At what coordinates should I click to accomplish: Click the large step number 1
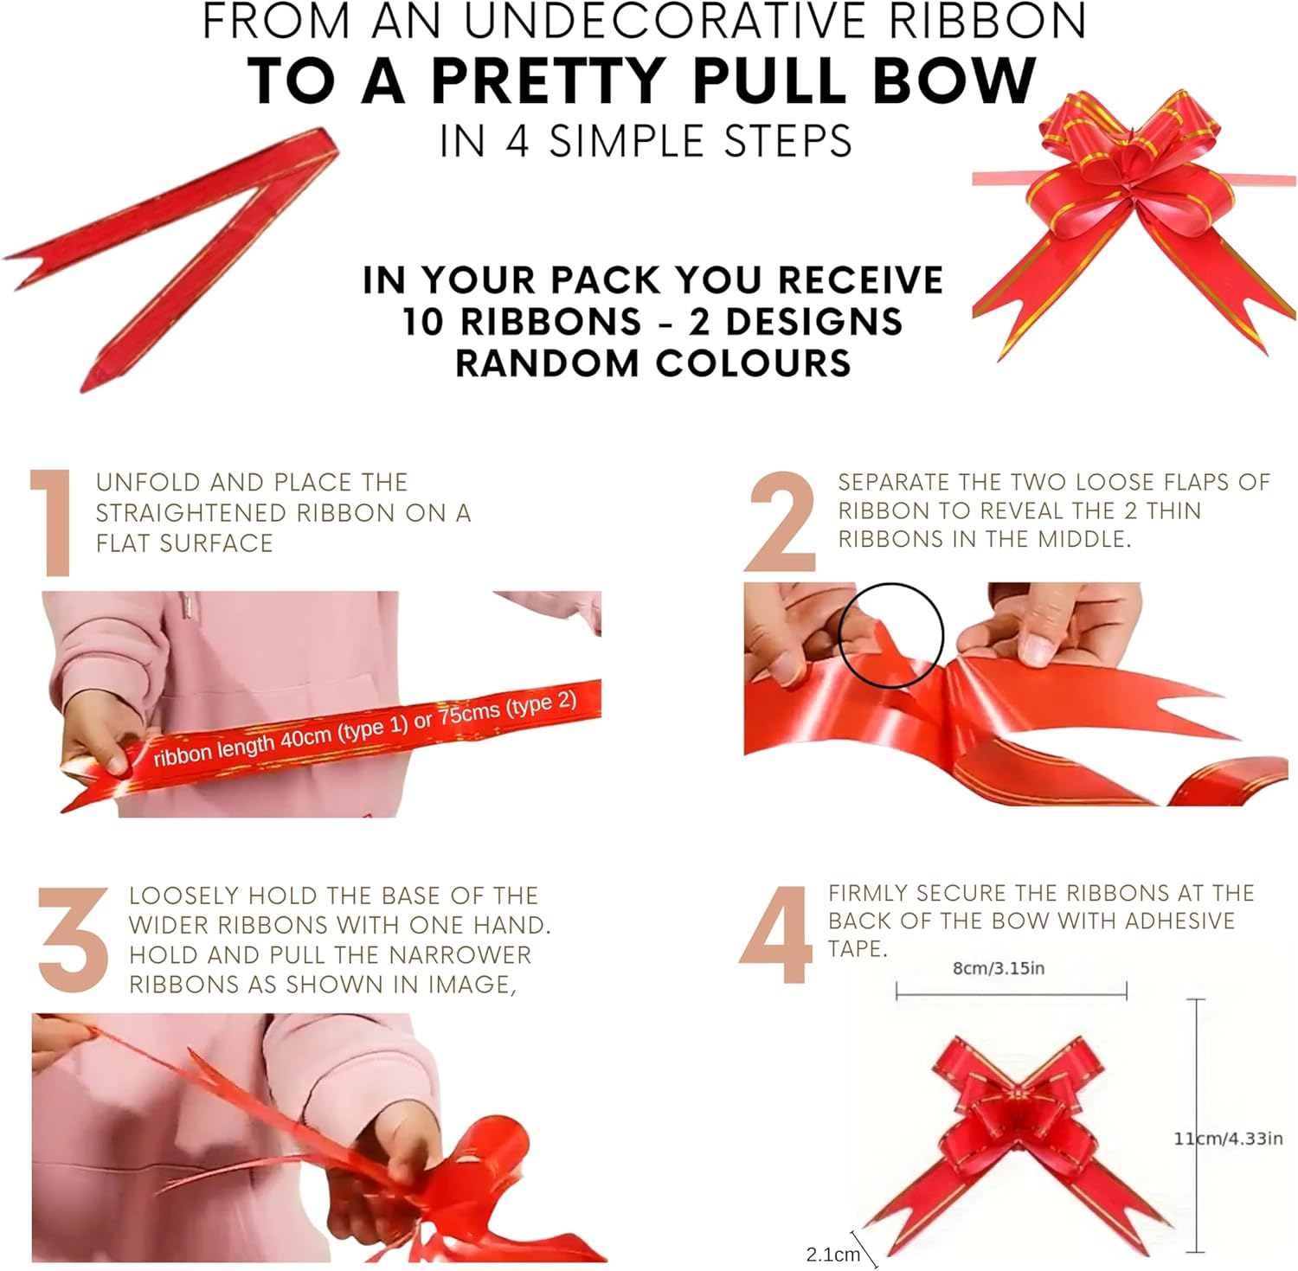coord(52,523)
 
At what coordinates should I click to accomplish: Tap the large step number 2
coord(781,522)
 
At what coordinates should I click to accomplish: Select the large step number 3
coord(74,939)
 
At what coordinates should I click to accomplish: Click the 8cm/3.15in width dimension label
coord(999,968)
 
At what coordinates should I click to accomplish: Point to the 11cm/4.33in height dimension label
coord(1228,1139)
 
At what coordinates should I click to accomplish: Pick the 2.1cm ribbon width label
coord(832,1254)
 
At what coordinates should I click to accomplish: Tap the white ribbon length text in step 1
coord(365,729)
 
